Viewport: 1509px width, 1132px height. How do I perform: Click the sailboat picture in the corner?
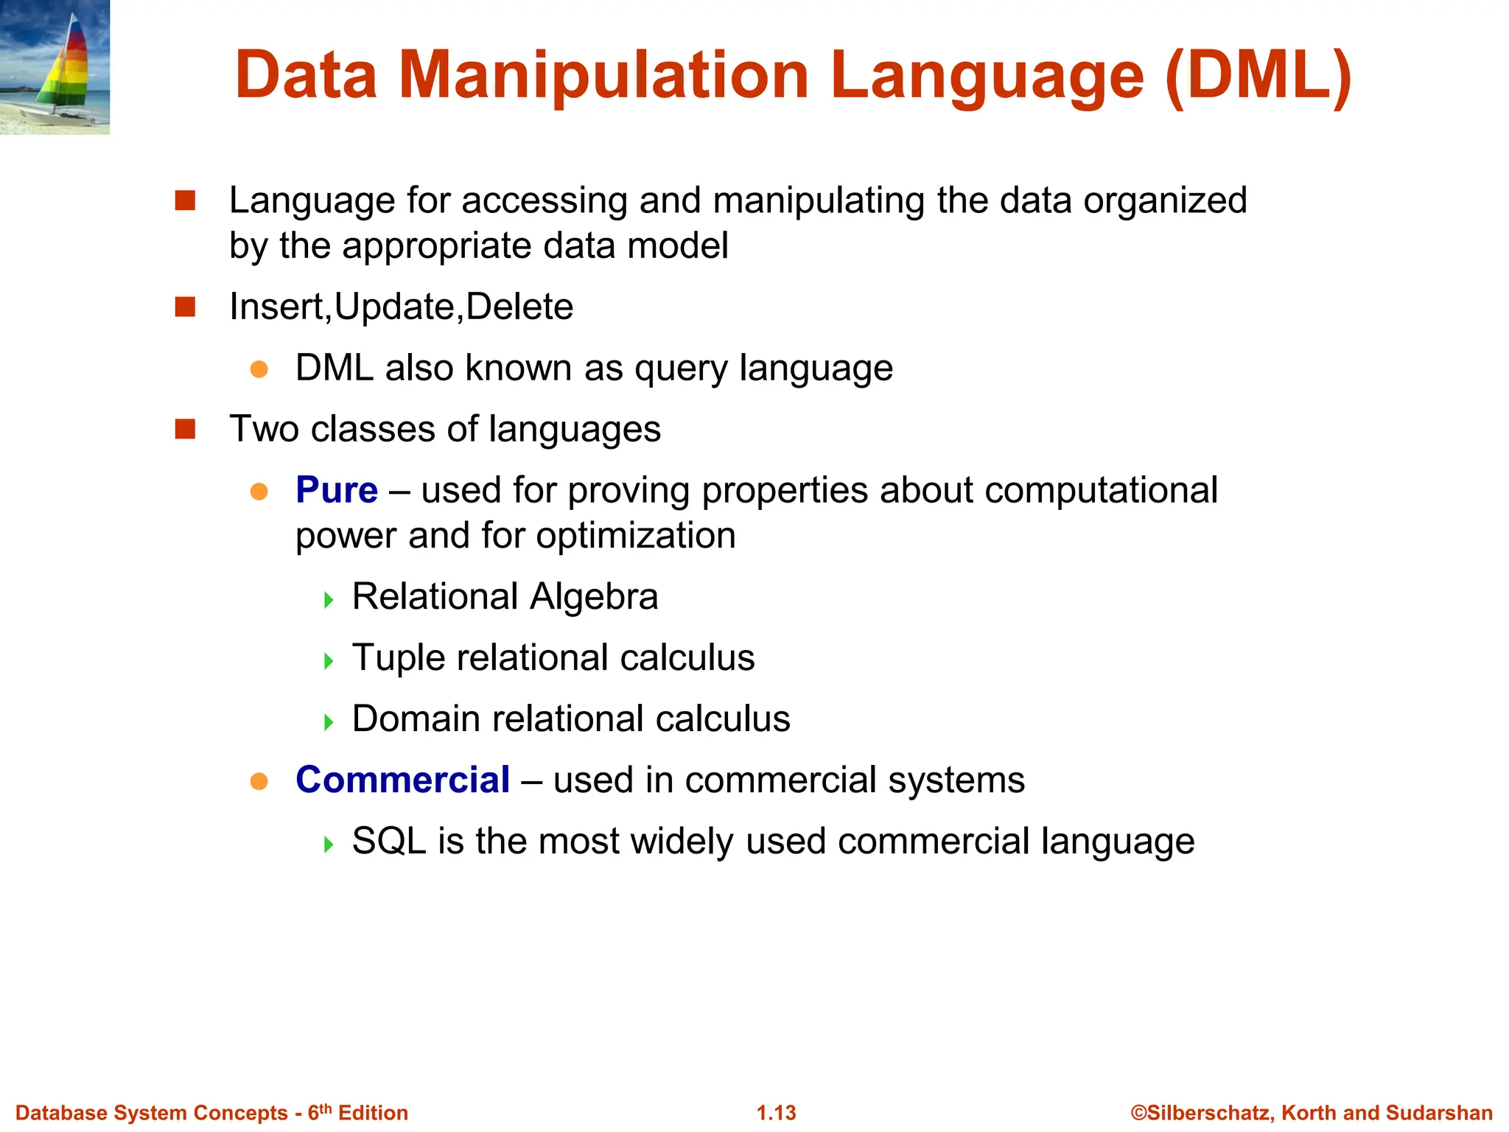pos(55,67)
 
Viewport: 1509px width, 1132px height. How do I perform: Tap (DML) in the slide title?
pos(1258,75)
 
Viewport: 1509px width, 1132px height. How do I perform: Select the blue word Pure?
pos(337,490)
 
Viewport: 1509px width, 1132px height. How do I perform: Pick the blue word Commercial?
pos(402,780)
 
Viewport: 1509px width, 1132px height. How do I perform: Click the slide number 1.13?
pos(777,1113)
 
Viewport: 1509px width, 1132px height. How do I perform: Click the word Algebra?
pos(594,596)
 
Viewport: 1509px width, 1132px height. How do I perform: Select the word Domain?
pos(416,719)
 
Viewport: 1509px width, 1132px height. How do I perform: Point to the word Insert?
pos(279,307)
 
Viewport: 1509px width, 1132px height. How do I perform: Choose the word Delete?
pos(519,307)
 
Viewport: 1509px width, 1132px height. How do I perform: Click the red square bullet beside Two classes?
pos(185,429)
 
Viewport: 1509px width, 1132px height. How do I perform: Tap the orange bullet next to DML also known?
pos(259,368)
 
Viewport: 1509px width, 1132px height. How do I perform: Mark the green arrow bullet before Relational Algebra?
pos(329,599)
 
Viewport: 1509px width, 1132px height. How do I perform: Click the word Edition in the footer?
pos(373,1113)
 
